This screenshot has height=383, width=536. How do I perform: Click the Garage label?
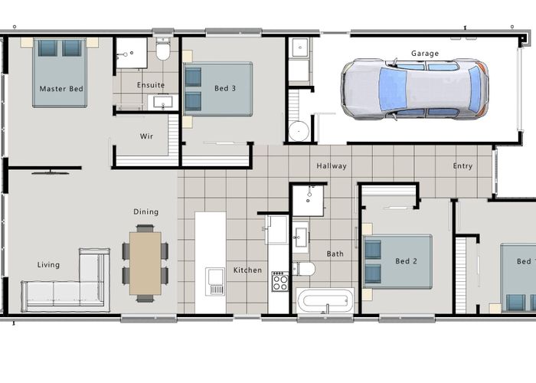point(425,54)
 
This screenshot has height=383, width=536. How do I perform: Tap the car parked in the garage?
point(415,90)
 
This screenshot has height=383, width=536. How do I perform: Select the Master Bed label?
point(61,89)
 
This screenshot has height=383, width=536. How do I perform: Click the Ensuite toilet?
point(162,50)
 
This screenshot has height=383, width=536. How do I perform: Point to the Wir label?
point(147,136)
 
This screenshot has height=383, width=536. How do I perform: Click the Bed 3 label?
point(225,88)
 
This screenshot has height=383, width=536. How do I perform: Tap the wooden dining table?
point(145,264)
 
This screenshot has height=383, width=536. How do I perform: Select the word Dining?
point(146,211)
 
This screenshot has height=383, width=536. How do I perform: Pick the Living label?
point(48,265)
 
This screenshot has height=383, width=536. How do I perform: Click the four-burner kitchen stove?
point(280,281)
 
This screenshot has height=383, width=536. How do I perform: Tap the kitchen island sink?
point(215,281)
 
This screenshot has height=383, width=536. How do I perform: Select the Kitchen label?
point(248,270)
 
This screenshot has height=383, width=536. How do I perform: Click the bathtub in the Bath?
point(325,300)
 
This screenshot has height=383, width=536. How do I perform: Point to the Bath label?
point(335,254)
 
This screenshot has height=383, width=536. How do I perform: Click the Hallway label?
point(332,166)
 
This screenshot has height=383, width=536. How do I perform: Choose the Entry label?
point(462,166)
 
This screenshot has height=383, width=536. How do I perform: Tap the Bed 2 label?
point(407,261)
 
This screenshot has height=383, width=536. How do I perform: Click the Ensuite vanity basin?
point(163,102)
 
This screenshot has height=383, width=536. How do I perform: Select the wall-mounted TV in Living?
point(51,172)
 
